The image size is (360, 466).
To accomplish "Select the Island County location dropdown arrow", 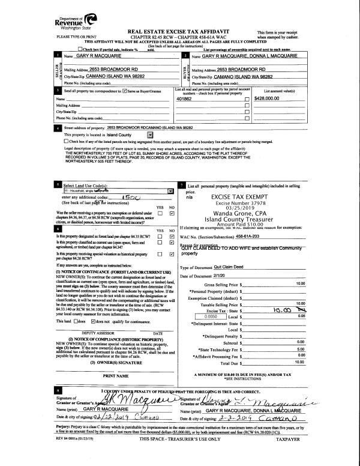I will coord(149,136).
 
